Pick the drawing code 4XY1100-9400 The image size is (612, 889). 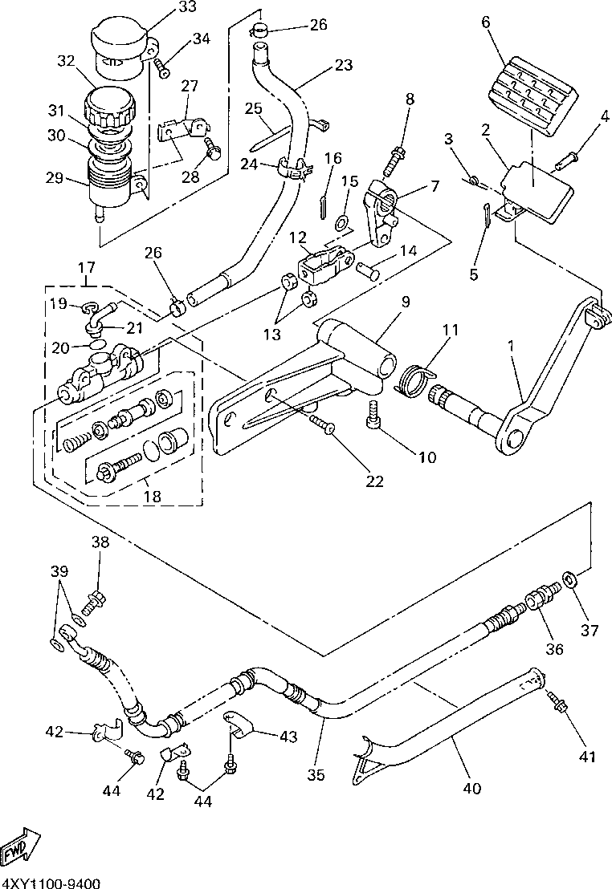[x=51, y=883]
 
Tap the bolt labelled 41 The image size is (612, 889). [x=558, y=703]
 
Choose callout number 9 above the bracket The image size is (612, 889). [x=406, y=302]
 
